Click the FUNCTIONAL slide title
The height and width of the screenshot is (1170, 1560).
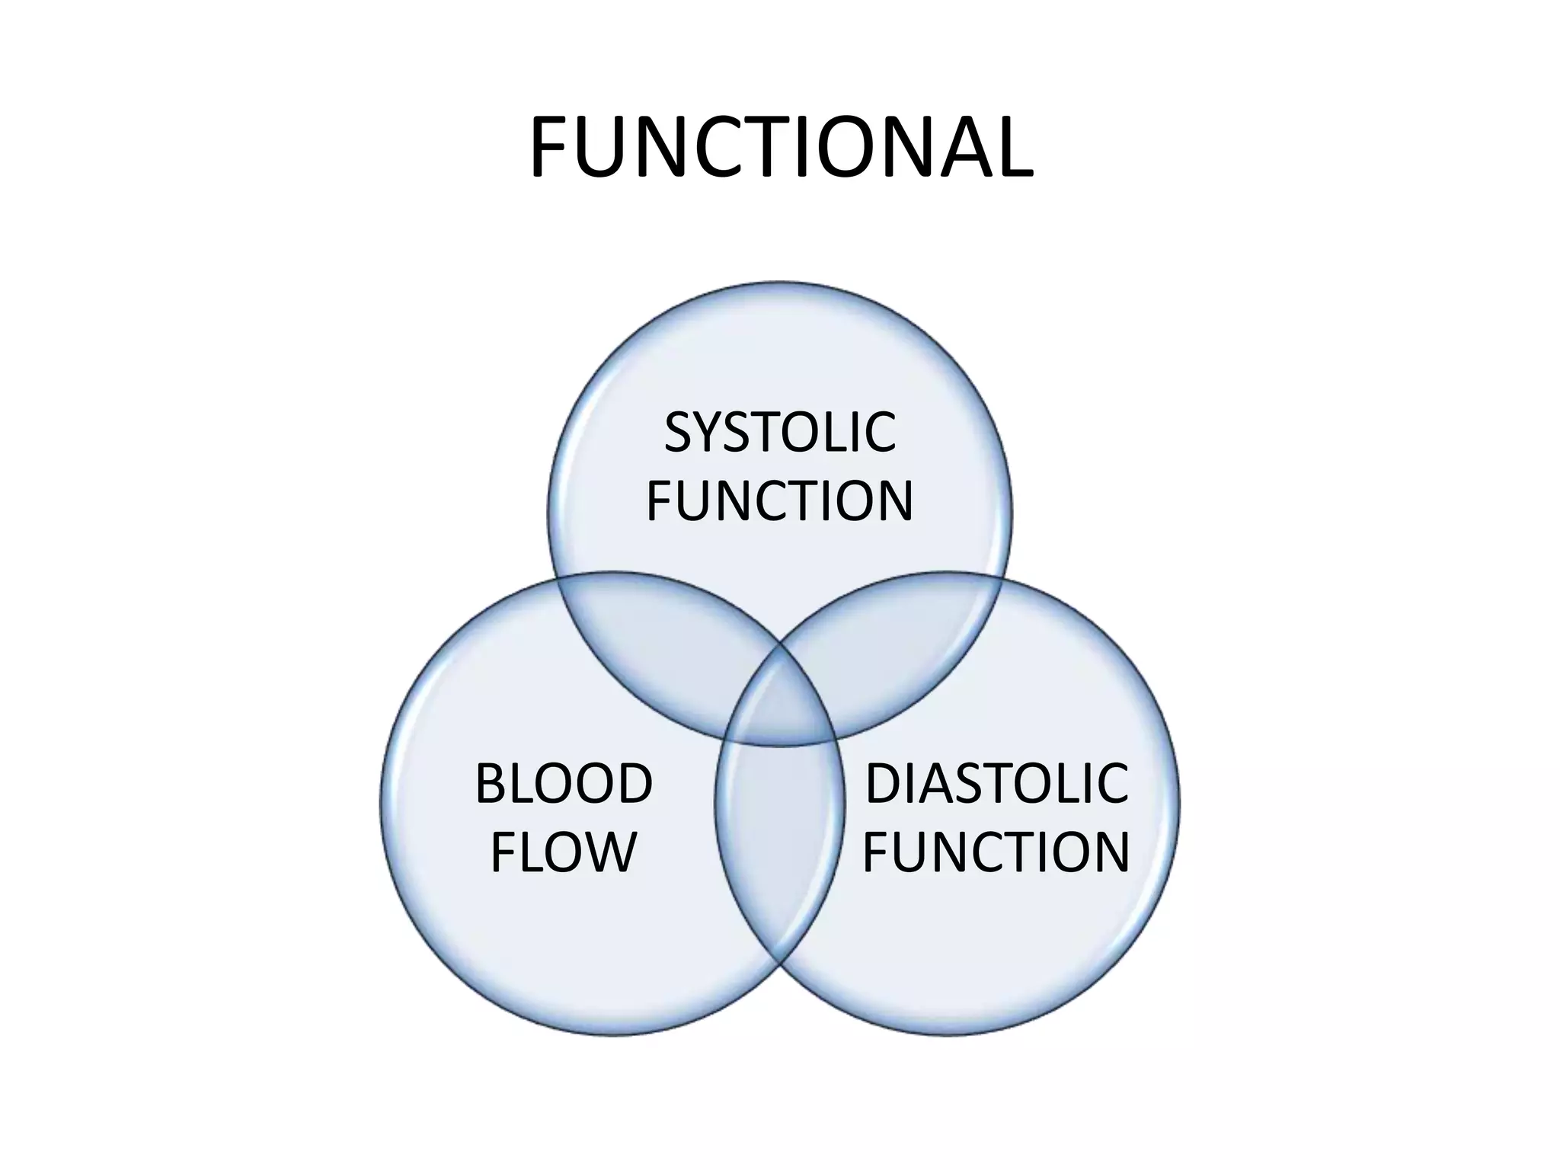781,149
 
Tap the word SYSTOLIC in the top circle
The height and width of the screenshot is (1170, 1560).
780,432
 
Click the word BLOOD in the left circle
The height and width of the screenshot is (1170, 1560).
564,784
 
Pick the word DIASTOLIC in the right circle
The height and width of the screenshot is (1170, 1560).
996,784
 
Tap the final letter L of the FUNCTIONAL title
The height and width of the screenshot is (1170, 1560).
1014,149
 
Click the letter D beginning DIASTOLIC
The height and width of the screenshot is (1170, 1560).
884,784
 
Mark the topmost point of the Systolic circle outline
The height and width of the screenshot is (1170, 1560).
780,283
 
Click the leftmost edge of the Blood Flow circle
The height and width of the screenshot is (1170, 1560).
381,804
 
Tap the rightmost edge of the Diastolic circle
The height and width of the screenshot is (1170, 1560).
1179,804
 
